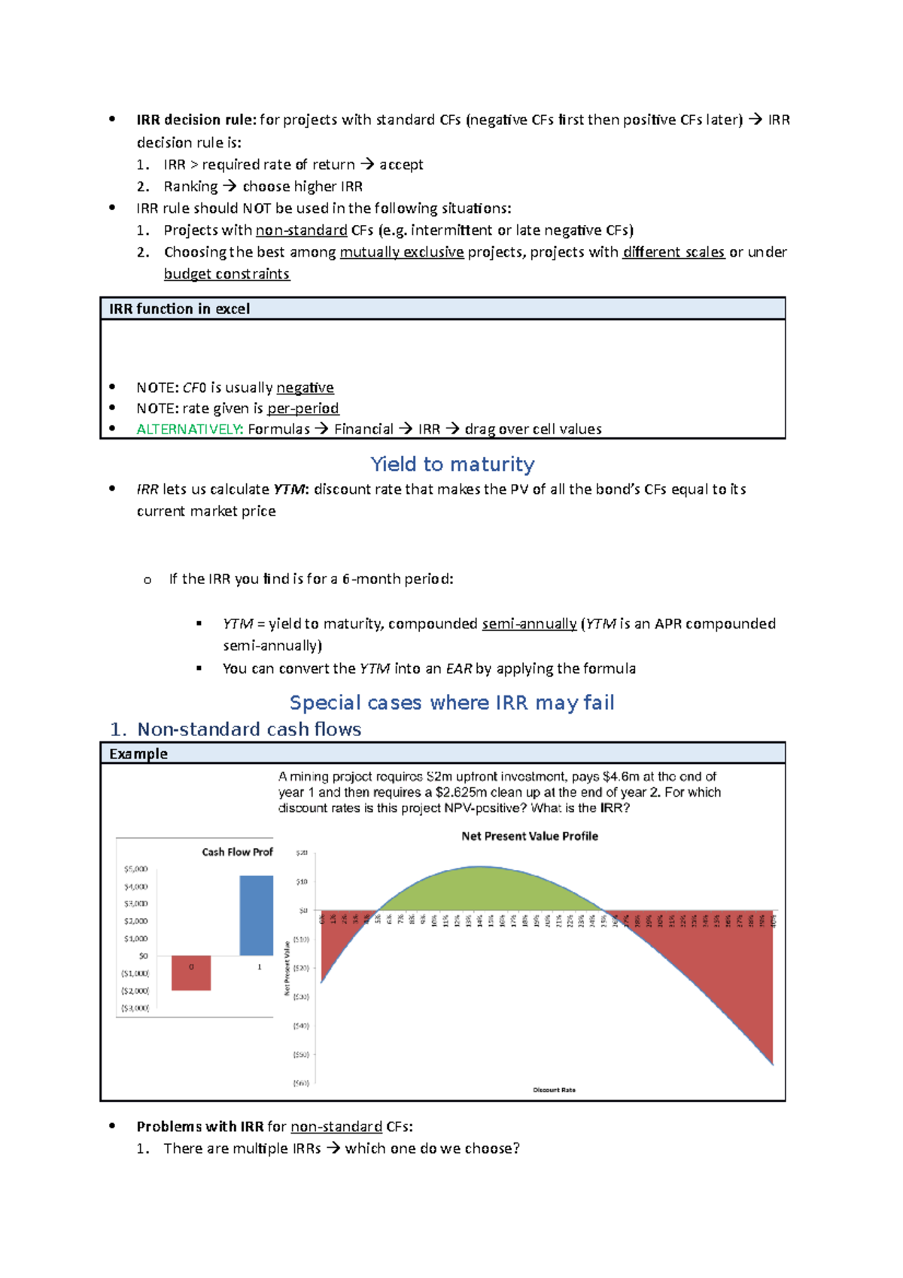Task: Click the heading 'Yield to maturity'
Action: [x=452, y=464]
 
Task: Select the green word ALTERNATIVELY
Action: [x=189, y=429]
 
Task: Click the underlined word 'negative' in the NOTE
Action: [x=305, y=388]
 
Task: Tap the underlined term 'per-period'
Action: [x=303, y=408]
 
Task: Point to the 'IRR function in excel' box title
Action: [x=179, y=309]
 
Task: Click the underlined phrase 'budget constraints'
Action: [x=227, y=274]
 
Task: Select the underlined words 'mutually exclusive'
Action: [x=401, y=252]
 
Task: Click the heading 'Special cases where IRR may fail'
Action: [x=451, y=703]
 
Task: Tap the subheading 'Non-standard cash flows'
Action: [x=249, y=729]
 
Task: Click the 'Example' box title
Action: [x=138, y=753]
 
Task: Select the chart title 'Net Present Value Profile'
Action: [x=529, y=836]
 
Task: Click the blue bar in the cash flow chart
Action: [x=256, y=915]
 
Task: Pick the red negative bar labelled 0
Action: [x=191, y=973]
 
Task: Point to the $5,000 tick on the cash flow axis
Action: [x=135, y=869]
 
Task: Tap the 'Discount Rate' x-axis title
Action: [x=554, y=1090]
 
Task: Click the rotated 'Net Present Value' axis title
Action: [x=287, y=968]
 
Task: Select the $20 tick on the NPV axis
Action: [x=301, y=853]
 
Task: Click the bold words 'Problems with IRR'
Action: [x=199, y=1127]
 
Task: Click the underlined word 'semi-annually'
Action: [x=529, y=624]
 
